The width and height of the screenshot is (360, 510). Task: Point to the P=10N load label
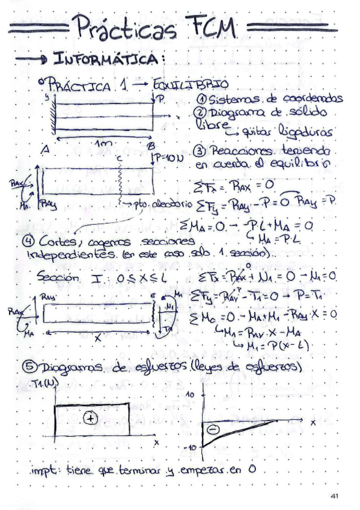[172, 157]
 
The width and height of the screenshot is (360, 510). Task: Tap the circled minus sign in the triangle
[213, 429]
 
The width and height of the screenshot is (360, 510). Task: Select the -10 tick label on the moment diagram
[190, 448]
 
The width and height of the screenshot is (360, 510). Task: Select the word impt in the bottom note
[46, 470]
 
